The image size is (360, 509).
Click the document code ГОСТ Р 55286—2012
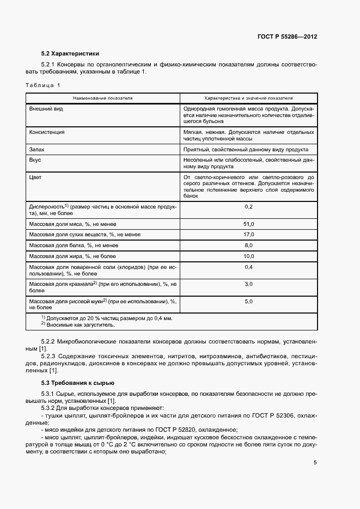287,37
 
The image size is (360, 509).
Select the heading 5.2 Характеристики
70,54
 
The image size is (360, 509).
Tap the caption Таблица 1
44,85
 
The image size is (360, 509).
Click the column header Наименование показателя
103,99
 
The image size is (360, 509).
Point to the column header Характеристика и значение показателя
248,99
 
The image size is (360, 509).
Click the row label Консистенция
47,132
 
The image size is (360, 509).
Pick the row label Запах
36,149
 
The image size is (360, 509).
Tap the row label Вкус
35,160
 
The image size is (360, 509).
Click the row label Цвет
35,177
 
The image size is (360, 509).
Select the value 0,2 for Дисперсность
249,207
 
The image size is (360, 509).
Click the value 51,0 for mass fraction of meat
249,224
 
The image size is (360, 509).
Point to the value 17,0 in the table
249,234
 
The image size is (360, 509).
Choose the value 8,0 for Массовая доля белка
249,245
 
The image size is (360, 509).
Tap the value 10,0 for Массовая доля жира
249,256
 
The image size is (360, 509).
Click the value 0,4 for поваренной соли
249,267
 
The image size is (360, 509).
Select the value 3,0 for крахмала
249,284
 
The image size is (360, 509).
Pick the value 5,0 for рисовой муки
249,301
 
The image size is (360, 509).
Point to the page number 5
315,463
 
